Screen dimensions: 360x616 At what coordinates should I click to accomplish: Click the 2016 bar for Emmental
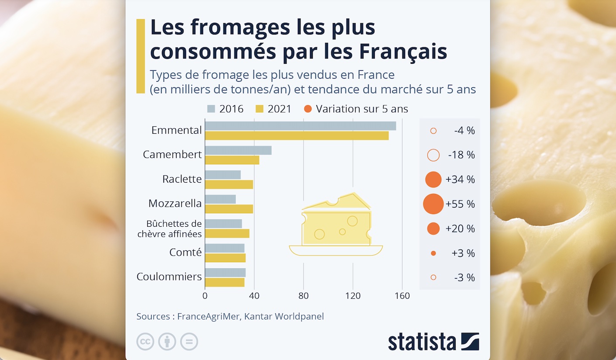click(x=300, y=126)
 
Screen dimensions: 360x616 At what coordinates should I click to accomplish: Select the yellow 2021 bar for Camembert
click(x=232, y=160)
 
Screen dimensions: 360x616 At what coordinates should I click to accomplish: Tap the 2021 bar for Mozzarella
click(x=229, y=209)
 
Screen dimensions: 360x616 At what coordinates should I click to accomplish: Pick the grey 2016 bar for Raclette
click(x=223, y=175)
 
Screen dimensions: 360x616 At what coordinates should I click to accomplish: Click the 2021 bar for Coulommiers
click(x=225, y=282)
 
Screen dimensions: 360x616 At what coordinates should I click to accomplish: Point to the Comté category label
click(x=185, y=253)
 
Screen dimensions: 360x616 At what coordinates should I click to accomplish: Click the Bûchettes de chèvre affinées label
click(x=170, y=229)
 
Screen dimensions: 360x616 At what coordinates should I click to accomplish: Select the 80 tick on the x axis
click(x=303, y=296)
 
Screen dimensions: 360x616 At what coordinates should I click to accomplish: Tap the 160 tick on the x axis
click(x=402, y=296)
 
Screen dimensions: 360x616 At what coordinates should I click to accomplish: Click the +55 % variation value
click(x=460, y=204)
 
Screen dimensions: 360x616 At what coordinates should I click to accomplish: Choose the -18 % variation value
click(x=461, y=155)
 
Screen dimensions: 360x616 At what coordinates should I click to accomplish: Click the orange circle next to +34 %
click(x=433, y=180)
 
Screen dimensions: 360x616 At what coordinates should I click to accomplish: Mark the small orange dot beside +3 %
click(x=433, y=253)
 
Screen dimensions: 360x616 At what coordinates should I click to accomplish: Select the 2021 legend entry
click(x=273, y=109)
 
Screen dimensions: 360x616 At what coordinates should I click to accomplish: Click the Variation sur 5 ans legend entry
click(x=356, y=109)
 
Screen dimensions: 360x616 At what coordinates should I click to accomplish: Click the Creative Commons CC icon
click(x=145, y=342)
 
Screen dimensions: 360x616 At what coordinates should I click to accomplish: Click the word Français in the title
click(x=403, y=51)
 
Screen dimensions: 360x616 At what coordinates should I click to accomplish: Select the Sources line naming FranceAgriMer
click(x=230, y=316)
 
